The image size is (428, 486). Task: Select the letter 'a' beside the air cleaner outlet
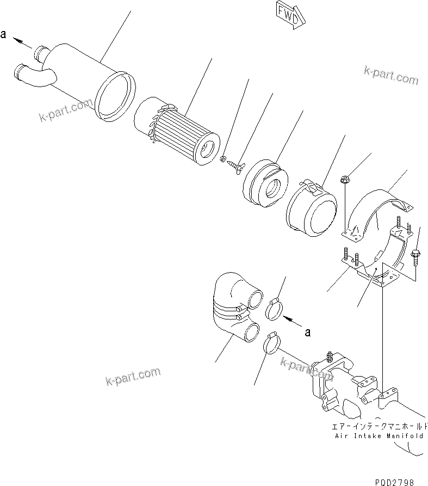click(3, 34)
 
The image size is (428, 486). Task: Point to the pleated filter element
click(179, 133)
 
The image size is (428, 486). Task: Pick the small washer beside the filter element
click(223, 159)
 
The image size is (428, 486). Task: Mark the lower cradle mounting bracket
click(381, 261)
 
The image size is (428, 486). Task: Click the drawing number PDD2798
click(394, 481)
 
